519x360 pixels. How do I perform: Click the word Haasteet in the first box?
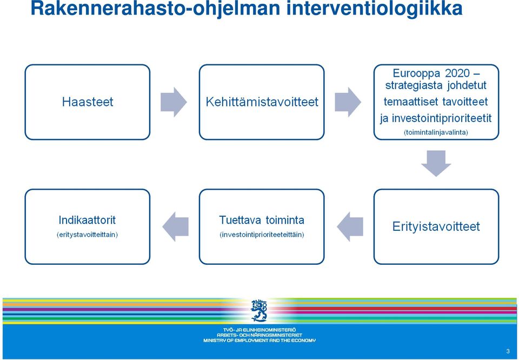88,102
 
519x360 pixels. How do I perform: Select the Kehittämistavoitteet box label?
262,102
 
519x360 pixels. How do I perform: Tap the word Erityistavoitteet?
436,226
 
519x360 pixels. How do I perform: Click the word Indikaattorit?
87,219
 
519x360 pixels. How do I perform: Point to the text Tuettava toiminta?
262,219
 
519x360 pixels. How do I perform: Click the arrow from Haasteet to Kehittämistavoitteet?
174,102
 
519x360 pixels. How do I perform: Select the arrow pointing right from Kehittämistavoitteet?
348,102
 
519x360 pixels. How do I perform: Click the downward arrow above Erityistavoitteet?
436,163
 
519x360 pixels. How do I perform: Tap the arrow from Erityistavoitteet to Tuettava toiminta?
350,226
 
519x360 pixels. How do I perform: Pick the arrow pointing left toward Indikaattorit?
175,226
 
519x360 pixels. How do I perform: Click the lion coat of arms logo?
259,310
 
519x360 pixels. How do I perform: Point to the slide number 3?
508,351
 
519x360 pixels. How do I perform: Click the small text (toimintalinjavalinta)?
436,132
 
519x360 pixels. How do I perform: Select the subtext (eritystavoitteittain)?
87,235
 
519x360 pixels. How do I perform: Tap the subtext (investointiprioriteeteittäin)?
262,235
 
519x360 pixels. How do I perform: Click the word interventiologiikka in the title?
374,9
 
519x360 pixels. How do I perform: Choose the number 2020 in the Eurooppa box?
457,73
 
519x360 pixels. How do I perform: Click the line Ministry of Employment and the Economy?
259,340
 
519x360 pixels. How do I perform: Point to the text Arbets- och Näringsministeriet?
259,335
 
